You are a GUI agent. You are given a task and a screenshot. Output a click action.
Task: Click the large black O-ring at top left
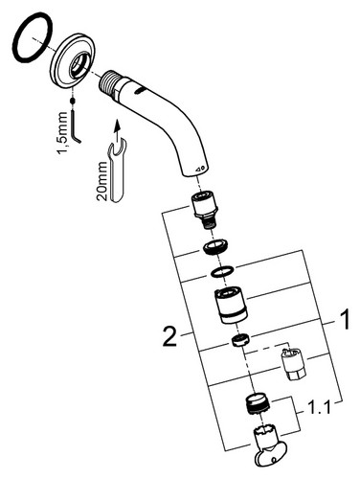pyautogui.click(x=14, y=38)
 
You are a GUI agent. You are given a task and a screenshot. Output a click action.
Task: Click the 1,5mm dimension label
pyautogui.click(x=62, y=132)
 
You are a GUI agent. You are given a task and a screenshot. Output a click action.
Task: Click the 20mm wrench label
pyautogui.click(x=102, y=181)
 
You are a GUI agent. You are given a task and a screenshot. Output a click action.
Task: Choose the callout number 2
pyautogui.click(x=169, y=336)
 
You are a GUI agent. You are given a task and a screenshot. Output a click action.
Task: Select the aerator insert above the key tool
pyautogui.click(x=259, y=403)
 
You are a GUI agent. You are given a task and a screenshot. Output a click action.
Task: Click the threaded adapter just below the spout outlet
pyautogui.click(x=205, y=210)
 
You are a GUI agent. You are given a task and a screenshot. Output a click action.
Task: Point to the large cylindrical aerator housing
pyautogui.click(x=232, y=305)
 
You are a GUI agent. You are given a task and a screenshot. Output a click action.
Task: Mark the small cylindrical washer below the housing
pyautogui.click(x=241, y=340)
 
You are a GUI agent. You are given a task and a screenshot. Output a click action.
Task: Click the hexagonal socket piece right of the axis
pyautogui.click(x=293, y=364)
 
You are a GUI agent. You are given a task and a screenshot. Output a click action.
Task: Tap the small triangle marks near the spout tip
pyautogui.click(x=200, y=169)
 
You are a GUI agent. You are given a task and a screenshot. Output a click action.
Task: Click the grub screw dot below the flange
pyautogui.click(x=73, y=101)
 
